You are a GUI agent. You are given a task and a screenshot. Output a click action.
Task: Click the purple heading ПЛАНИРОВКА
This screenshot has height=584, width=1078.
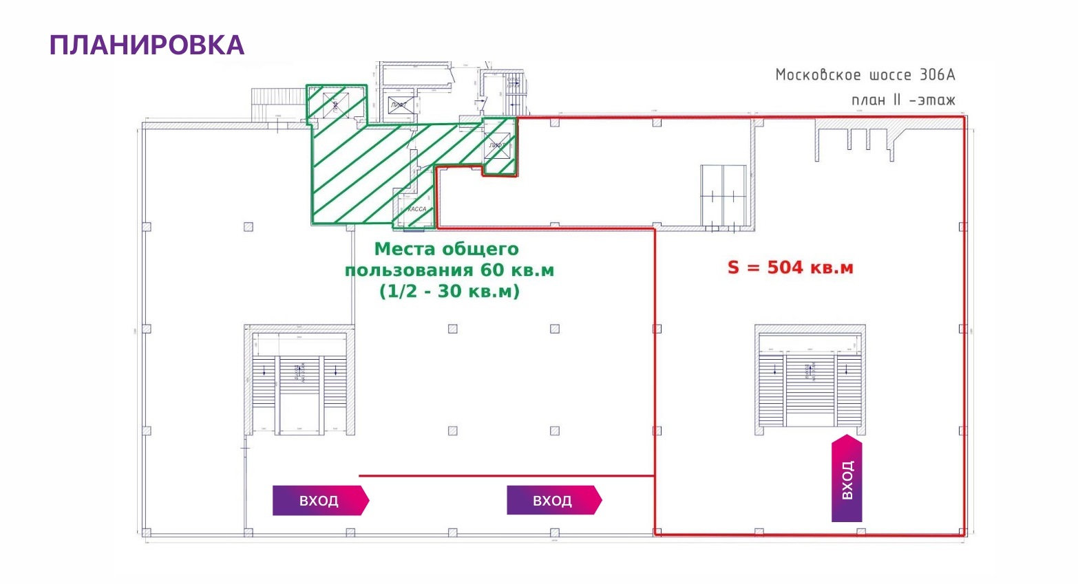click(147, 45)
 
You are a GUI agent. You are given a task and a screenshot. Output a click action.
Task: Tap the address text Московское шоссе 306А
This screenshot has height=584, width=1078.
click(865, 75)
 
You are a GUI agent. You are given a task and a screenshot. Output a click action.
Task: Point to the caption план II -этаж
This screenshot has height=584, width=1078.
click(903, 100)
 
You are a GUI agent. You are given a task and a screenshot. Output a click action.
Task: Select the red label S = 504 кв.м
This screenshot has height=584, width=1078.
click(790, 268)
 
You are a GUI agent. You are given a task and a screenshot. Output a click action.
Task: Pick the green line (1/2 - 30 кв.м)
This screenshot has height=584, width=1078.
click(450, 292)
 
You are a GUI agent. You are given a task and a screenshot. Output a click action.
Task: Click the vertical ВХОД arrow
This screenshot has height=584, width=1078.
click(847, 479)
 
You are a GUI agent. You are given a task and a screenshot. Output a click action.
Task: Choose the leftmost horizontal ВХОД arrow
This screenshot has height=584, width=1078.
click(320, 501)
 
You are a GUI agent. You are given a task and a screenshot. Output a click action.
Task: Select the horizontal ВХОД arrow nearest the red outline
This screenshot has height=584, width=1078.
click(553, 501)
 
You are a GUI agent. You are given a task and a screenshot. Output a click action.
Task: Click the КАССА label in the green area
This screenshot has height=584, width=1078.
click(417, 209)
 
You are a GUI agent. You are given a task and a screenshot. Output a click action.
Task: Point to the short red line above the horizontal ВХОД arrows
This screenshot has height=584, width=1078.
click(506, 475)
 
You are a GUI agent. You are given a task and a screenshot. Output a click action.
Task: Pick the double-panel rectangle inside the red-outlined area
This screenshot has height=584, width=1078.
click(723, 195)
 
